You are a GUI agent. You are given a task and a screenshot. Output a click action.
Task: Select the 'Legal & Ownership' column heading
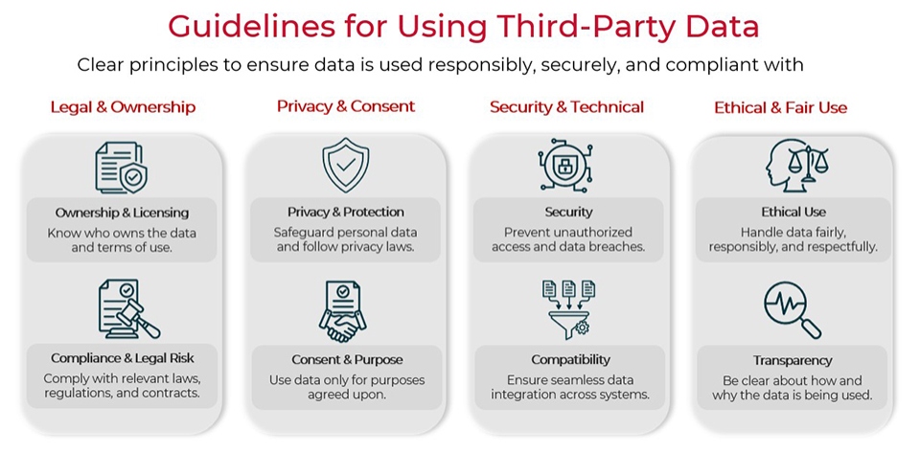[x=123, y=107]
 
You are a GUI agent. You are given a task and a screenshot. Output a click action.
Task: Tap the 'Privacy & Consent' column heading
[x=346, y=106]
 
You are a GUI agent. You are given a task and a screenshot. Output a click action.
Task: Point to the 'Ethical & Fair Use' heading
[x=780, y=107]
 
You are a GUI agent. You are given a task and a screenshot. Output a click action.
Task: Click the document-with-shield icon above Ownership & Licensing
[x=122, y=168]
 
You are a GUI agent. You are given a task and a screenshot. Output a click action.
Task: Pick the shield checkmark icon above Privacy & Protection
[x=345, y=165]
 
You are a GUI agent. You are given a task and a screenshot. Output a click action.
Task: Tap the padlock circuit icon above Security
[x=568, y=165]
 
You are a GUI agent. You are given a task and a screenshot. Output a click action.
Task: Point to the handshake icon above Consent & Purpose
[x=345, y=311]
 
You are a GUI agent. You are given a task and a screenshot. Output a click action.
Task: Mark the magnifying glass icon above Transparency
[x=793, y=310]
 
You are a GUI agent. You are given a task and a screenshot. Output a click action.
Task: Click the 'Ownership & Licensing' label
[x=122, y=213]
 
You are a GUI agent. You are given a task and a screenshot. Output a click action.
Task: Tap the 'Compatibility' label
[x=570, y=360]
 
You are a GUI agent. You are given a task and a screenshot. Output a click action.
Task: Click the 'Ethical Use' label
[x=793, y=212]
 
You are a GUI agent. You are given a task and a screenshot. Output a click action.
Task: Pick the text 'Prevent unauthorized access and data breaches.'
[x=568, y=239]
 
